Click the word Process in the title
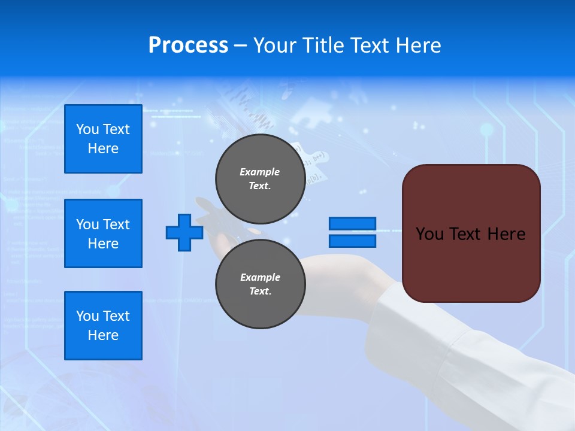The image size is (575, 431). click(188, 45)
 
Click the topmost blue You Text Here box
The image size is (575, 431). click(103, 139)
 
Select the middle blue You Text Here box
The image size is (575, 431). click(103, 233)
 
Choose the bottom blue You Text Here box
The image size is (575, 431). click(103, 326)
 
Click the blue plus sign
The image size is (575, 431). click(184, 232)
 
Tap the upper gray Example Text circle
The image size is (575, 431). click(260, 178)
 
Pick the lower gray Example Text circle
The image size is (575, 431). click(260, 284)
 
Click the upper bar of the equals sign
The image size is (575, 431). click(352, 224)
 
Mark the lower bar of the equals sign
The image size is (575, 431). click(352, 241)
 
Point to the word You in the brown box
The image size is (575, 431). click(429, 234)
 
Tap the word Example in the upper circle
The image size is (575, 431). click(260, 172)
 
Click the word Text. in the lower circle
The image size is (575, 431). click(260, 292)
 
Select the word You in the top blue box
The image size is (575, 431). click(87, 129)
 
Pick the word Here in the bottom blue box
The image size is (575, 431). click(103, 335)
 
